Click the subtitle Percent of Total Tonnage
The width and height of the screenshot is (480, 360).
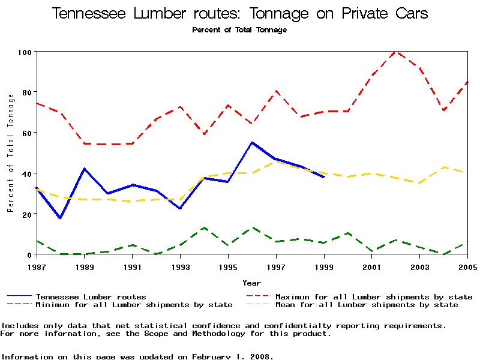coord(239,30)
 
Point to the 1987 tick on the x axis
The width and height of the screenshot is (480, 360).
coord(37,266)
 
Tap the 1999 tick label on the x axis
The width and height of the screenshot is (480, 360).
coord(324,266)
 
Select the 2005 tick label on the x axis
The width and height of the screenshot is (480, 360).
coord(467,266)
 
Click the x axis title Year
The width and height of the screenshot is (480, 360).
coord(251,283)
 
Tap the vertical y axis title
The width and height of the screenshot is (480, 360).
coord(11,153)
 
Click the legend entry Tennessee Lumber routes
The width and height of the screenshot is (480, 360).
coord(91,297)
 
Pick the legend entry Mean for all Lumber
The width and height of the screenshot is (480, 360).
coord(366,305)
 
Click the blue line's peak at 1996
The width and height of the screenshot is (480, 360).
coord(252,143)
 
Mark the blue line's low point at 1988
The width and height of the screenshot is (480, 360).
coord(60,218)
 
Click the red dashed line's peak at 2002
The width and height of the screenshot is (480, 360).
coord(395,52)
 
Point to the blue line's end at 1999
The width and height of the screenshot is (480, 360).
coord(324,177)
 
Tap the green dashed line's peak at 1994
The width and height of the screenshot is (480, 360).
coord(204,228)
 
